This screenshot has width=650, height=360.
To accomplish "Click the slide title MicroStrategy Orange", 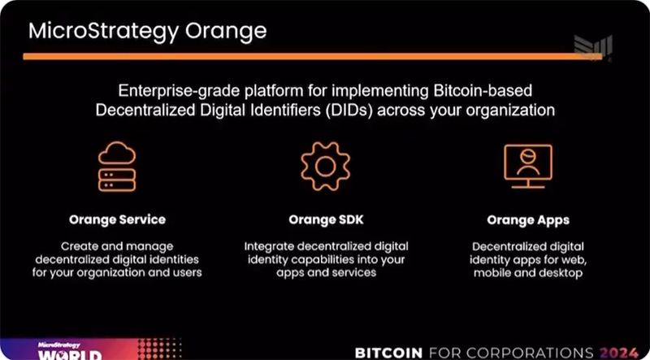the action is pos(148,32).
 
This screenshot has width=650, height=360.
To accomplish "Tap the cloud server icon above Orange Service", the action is pos(117,166).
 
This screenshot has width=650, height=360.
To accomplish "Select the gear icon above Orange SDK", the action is pos(326,166).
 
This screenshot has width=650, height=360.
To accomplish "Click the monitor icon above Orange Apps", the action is pos(528,167).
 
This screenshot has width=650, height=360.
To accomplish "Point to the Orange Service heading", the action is pos(117,219).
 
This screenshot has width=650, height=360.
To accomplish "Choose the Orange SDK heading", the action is pos(327,219).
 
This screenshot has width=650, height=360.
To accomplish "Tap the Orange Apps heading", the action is pos(528,220).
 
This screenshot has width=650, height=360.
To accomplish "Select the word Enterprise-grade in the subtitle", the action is pos(170,91).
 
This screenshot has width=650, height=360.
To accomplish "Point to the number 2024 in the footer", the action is pos(619,353).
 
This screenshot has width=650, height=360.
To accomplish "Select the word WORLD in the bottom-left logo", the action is pos(70,355).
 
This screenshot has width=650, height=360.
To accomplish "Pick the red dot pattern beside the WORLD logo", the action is pos(159,349).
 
